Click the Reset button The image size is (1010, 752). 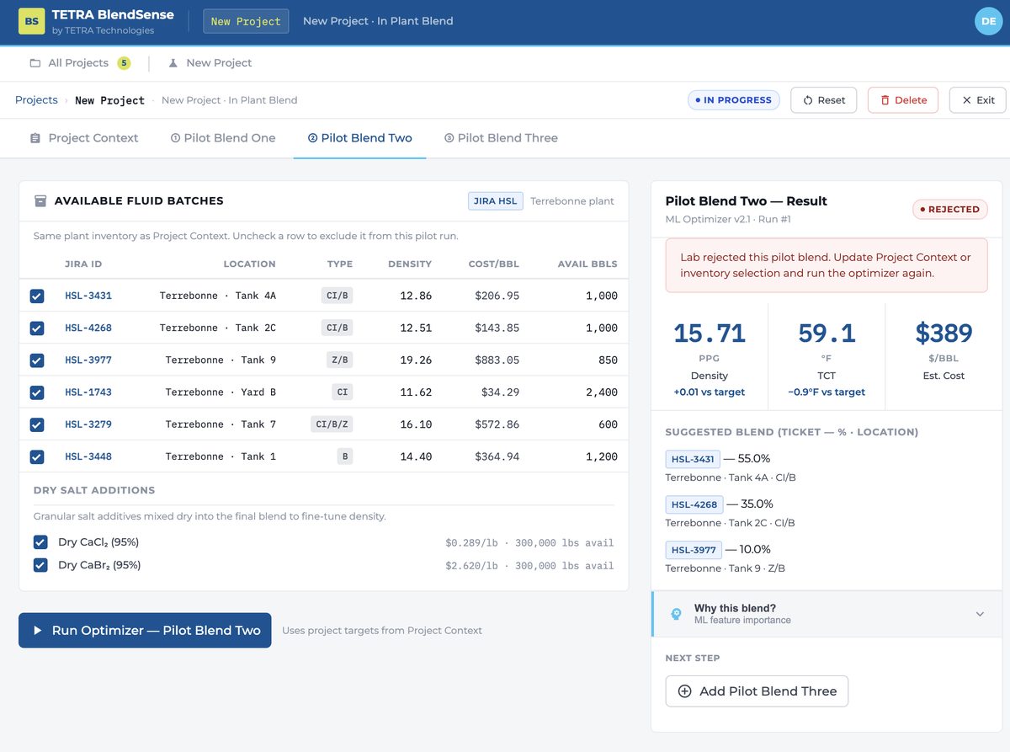coord(823,100)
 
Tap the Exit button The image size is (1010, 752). coord(977,100)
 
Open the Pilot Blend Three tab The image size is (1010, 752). coord(501,137)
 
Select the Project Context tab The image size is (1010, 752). coord(84,137)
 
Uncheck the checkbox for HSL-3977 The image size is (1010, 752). coord(37,360)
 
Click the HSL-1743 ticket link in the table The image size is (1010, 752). coord(88,392)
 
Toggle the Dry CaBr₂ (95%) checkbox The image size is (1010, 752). coord(40,565)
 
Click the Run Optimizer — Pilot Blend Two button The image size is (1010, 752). coord(145,630)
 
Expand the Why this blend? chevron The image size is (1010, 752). coord(980,614)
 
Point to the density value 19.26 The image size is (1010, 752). coord(416,360)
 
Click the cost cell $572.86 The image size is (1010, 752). coord(497,424)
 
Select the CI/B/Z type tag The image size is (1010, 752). coord(332,424)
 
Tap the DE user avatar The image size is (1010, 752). coord(989,21)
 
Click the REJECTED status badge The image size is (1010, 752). coord(950,209)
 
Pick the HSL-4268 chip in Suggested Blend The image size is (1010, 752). coord(694,504)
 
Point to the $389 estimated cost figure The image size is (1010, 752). coord(944,333)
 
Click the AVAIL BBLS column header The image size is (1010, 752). coord(587,264)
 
